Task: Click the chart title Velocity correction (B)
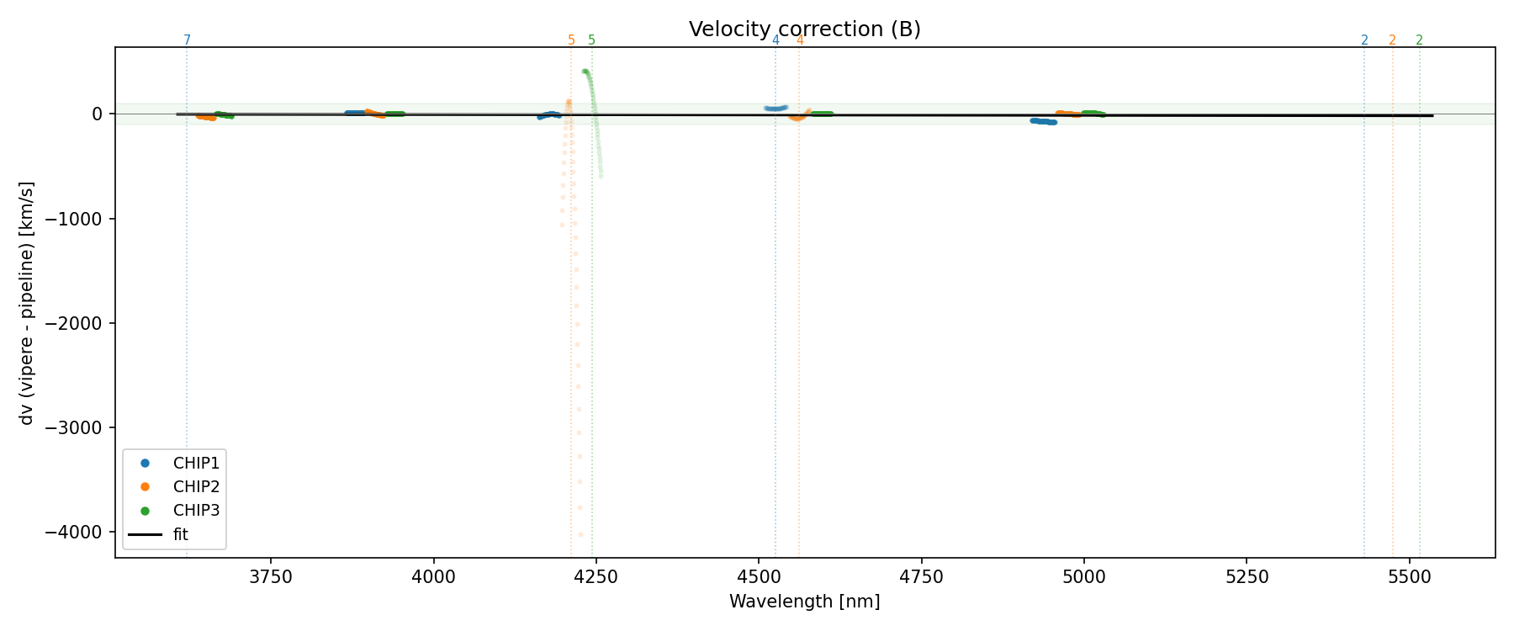tap(804, 29)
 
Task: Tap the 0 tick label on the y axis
tap(98, 114)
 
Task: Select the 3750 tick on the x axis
tap(271, 577)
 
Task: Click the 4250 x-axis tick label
tap(596, 577)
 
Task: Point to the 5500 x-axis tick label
tap(1409, 577)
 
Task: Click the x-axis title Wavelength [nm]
tap(804, 602)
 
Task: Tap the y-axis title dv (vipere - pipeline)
tap(27, 303)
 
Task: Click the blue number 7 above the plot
tap(187, 40)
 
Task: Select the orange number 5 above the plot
tap(571, 40)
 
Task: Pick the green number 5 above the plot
tap(591, 40)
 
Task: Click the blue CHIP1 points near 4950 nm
tap(1043, 121)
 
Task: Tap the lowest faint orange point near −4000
tap(580, 534)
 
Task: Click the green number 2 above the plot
tap(1419, 40)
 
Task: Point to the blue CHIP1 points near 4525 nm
tap(776, 109)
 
